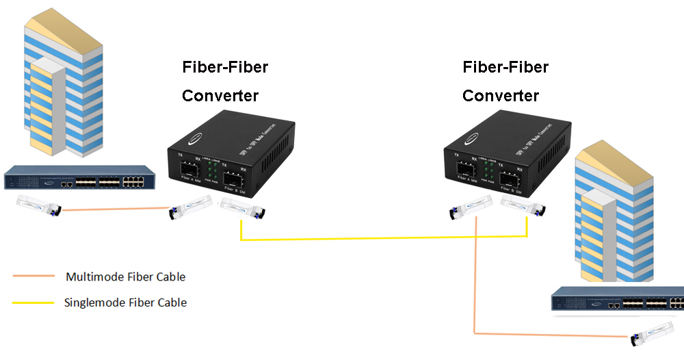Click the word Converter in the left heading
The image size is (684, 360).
[x=220, y=96]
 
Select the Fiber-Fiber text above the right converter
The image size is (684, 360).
[x=505, y=67]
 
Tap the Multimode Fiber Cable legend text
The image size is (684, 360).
[x=125, y=277]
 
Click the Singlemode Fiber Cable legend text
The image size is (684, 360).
[x=125, y=302]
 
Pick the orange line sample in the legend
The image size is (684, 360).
[x=33, y=277]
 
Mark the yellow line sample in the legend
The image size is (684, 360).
[x=33, y=302]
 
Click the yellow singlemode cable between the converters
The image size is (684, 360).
[x=383, y=238]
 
